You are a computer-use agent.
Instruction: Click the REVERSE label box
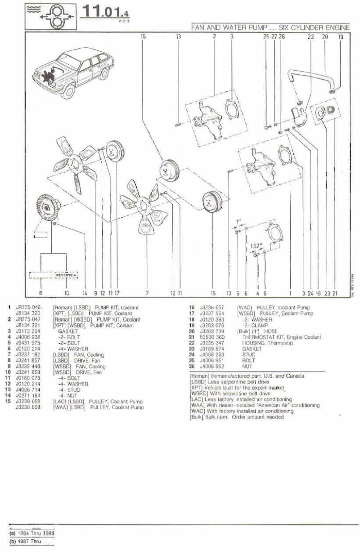coord(66,274)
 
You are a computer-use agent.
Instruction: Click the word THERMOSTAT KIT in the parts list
coord(262,337)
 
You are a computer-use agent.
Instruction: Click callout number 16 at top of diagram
coord(143,36)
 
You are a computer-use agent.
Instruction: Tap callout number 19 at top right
coord(341,37)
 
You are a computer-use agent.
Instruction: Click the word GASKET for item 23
coord(252,349)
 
